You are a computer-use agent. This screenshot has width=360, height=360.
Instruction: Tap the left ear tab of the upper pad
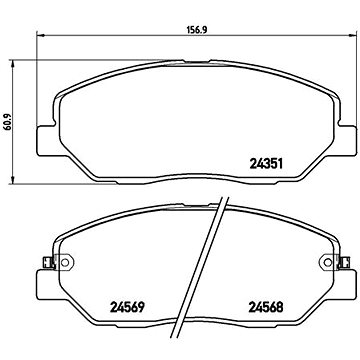pyautogui.click(x=42, y=141)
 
